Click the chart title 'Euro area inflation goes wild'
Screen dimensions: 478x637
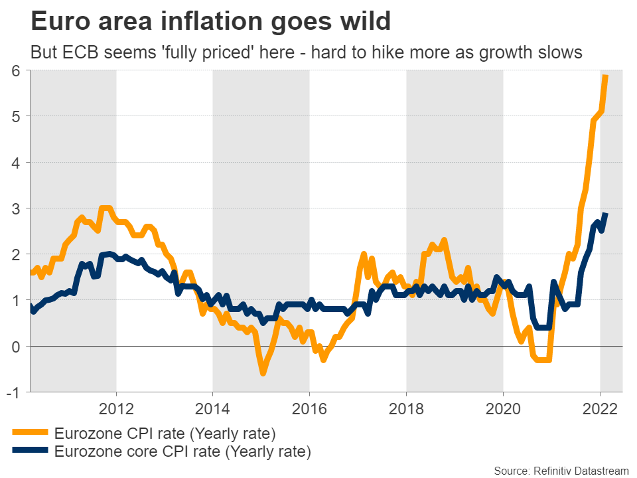coord(210,21)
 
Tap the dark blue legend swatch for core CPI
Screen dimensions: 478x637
coord(30,452)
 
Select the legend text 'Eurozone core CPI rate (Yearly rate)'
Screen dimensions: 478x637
coord(182,452)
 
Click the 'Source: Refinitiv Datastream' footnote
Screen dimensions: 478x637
coord(562,470)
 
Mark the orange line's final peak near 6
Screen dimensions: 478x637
coord(606,77)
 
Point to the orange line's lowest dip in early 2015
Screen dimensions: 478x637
coord(263,373)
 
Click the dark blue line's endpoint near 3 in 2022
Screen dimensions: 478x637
coord(606,214)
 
